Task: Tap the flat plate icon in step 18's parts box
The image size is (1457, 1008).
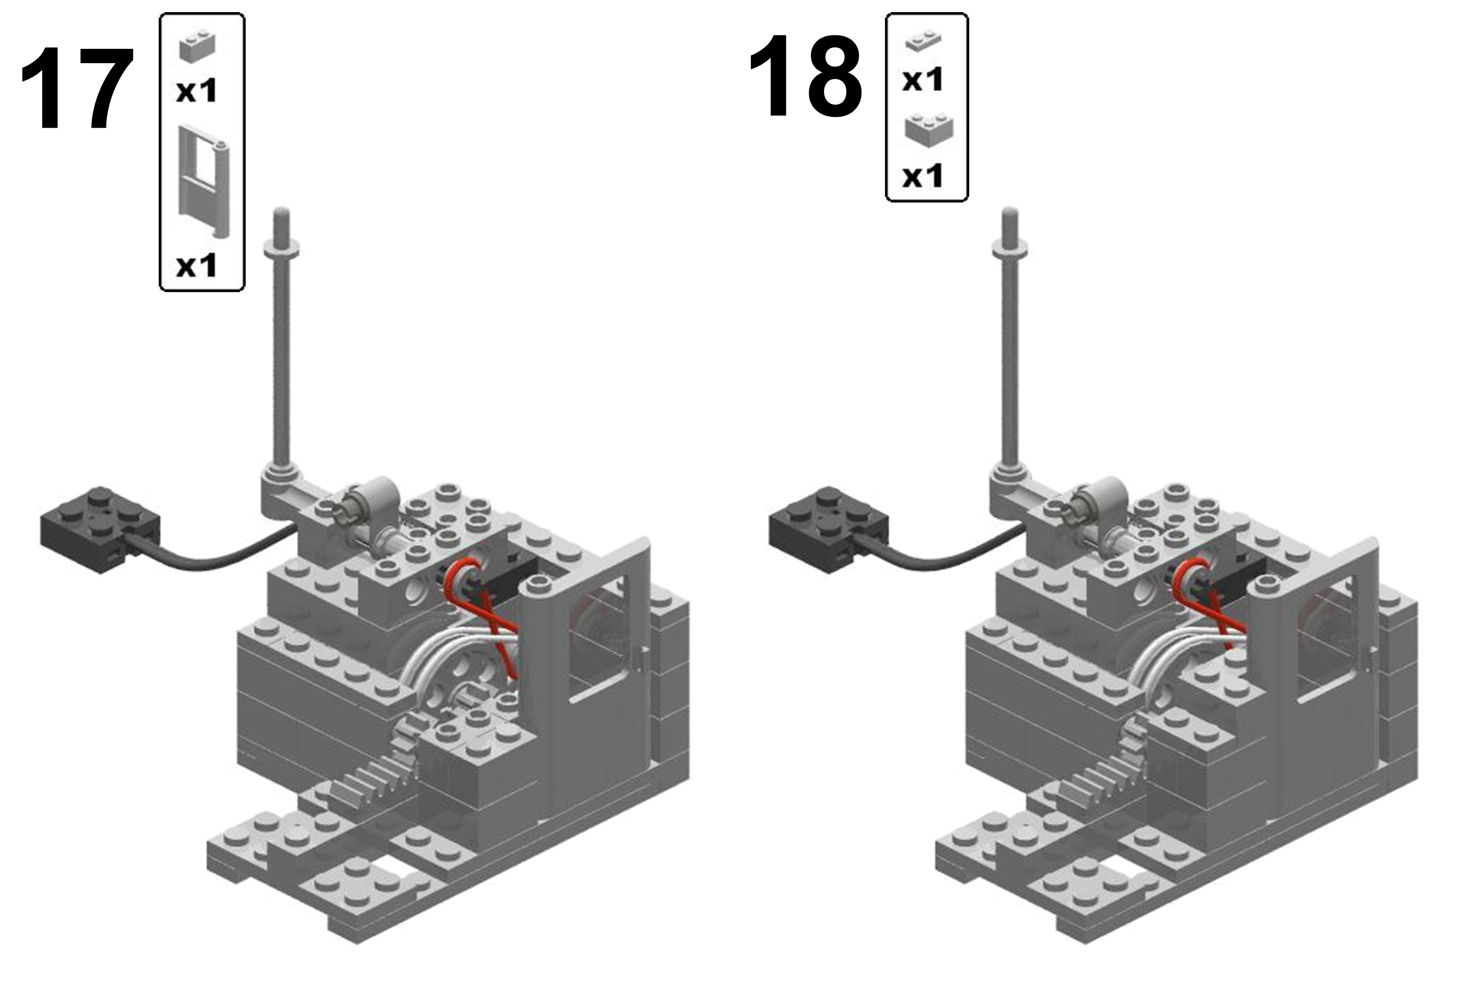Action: pyautogui.click(x=924, y=40)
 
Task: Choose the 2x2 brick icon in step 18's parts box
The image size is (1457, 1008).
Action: pyautogui.click(x=928, y=129)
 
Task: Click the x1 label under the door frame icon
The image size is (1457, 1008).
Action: pyautogui.click(x=196, y=266)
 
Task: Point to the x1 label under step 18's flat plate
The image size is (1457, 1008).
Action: pyautogui.click(x=923, y=80)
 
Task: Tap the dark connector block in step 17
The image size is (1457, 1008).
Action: pyautogui.click(x=100, y=528)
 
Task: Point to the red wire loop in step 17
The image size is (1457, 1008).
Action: pyautogui.click(x=485, y=606)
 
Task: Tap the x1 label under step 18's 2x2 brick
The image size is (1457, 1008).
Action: pyautogui.click(x=923, y=176)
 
